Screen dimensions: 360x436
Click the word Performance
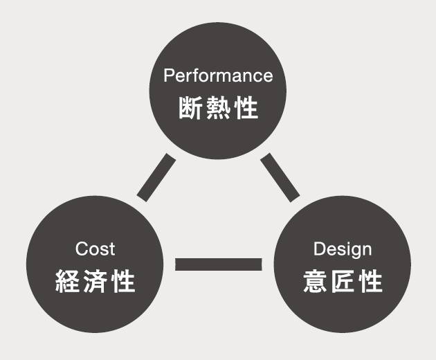218,75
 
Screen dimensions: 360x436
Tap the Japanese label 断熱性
218,109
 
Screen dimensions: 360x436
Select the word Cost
95,249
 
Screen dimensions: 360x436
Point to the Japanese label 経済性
95,282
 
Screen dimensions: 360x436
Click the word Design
343,249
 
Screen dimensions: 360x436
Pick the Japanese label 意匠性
343,282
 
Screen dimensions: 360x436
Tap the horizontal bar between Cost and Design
219,264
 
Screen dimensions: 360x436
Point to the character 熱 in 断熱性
218,109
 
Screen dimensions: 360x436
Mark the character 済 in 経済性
95,282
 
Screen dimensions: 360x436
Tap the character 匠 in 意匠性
343,282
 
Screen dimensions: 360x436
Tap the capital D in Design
319,249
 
